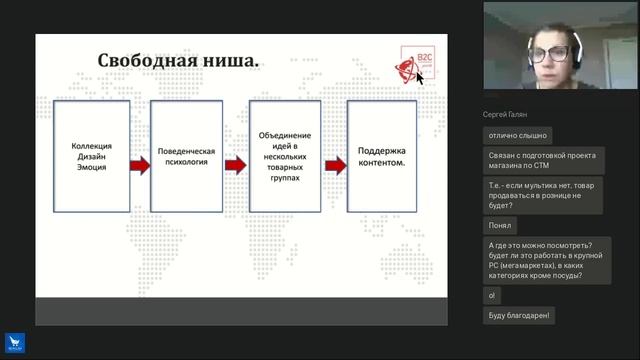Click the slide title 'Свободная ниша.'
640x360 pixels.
pos(178,62)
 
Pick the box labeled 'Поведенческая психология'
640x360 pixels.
pos(187,155)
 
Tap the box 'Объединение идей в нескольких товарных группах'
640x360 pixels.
pos(285,155)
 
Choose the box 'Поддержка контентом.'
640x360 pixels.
pos(382,155)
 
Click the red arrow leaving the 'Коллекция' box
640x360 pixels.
pos(138,165)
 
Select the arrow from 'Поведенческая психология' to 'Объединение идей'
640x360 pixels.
pos(235,165)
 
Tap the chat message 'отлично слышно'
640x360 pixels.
pos(516,135)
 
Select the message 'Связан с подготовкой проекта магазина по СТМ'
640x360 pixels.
pos(539,161)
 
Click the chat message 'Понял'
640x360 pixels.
pos(500,226)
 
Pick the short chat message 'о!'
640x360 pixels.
pos(491,296)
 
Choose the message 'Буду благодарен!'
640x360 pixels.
pos(518,316)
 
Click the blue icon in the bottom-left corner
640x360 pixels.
pos(14,345)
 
